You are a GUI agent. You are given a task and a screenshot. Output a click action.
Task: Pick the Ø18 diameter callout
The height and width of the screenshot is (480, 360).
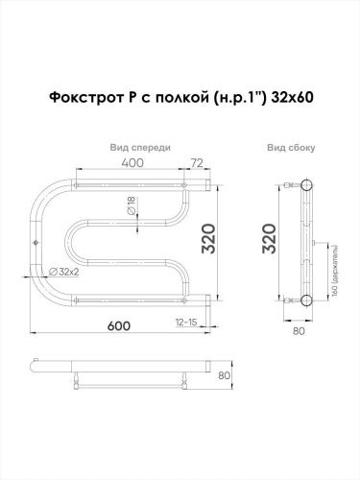[x=132, y=204]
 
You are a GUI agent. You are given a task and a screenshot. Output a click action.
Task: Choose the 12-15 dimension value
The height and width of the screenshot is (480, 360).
[x=186, y=321]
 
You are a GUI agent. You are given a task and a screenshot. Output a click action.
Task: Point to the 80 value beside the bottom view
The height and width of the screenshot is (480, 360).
[x=223, y=375]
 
